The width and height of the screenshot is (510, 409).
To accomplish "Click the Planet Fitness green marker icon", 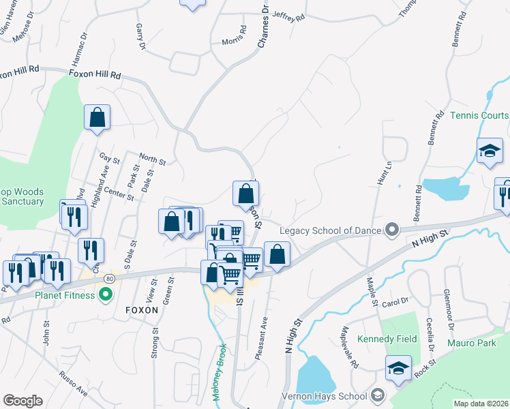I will (x=105, y=294).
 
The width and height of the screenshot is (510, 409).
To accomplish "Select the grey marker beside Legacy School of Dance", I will (x=391, y=229).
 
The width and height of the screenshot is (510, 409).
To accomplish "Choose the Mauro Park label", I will (x=472, y=343).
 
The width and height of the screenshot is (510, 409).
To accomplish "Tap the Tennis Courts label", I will (x=479, y=115).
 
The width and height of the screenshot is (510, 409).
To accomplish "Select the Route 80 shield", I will (x=109, y=279).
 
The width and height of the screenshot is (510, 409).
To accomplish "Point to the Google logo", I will (x=22, y=400).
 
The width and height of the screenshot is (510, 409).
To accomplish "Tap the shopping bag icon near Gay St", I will (x=97, y=117).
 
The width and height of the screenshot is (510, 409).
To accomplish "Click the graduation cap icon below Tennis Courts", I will (x=490, y=151).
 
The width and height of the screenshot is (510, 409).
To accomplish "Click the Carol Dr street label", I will (x=394, y=301).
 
